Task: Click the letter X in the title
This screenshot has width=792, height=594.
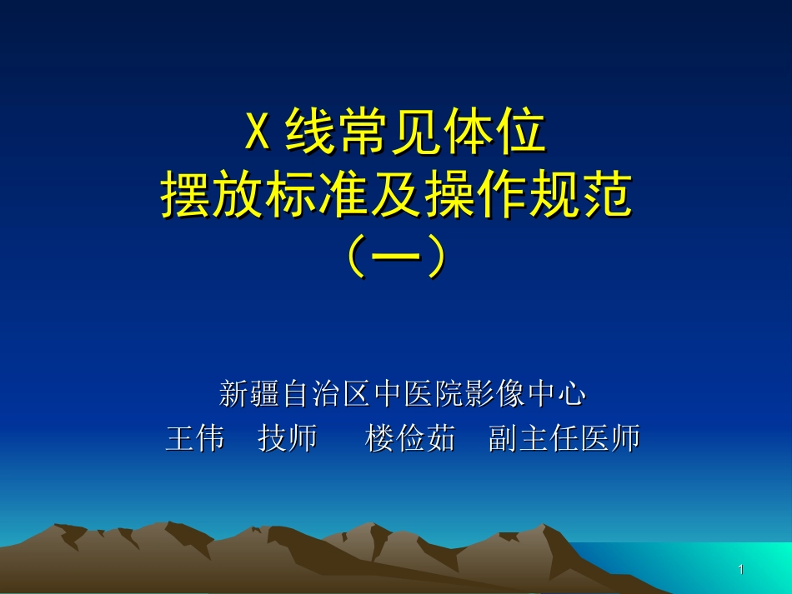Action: pos(257,133)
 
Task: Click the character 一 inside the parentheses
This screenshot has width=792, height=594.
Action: pos(396,259)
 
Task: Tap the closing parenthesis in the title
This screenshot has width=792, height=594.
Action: pos(436,259)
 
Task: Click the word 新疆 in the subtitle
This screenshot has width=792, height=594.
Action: pos(249,393)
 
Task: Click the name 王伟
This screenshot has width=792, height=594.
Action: pos(195,438)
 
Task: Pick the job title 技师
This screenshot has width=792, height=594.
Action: pos(288,438)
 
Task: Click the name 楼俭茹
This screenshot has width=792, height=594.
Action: pos(410,438)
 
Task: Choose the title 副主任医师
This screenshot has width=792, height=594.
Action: pos(564,438)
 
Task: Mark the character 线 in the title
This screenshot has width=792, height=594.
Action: pos(309,133)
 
